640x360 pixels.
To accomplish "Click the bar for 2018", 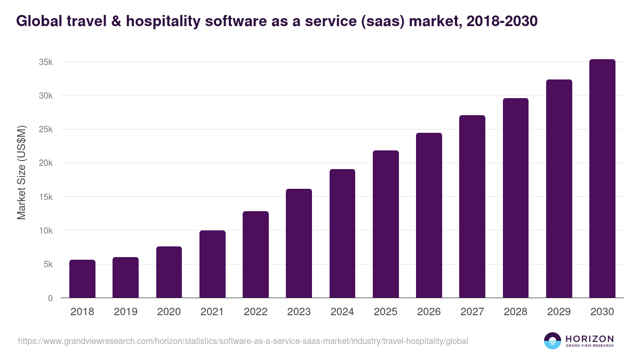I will point(82,279).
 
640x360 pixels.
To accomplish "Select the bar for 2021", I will point(212,264).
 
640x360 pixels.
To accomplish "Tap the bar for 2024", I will point(342,234).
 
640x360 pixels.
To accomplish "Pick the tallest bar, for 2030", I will point(602,179).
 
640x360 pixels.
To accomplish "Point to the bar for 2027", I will point(472,206).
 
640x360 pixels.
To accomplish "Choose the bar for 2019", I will point(125,277).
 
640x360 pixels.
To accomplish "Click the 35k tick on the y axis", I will point(46,62).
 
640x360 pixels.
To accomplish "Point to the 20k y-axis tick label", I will point(46,163).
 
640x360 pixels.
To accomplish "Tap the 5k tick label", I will point(48,265).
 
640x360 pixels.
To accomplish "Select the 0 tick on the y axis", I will point(50,298).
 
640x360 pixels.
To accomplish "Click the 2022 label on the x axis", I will point(255,312).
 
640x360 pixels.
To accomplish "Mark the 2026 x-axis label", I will point(429,312).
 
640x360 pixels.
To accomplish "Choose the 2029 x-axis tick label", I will point(559,312).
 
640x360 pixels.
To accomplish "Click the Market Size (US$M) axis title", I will point(21,173).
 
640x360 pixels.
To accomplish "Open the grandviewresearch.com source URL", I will point(243,341).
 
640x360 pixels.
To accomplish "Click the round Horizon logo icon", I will point(553,341).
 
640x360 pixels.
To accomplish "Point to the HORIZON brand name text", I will point(589,338).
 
